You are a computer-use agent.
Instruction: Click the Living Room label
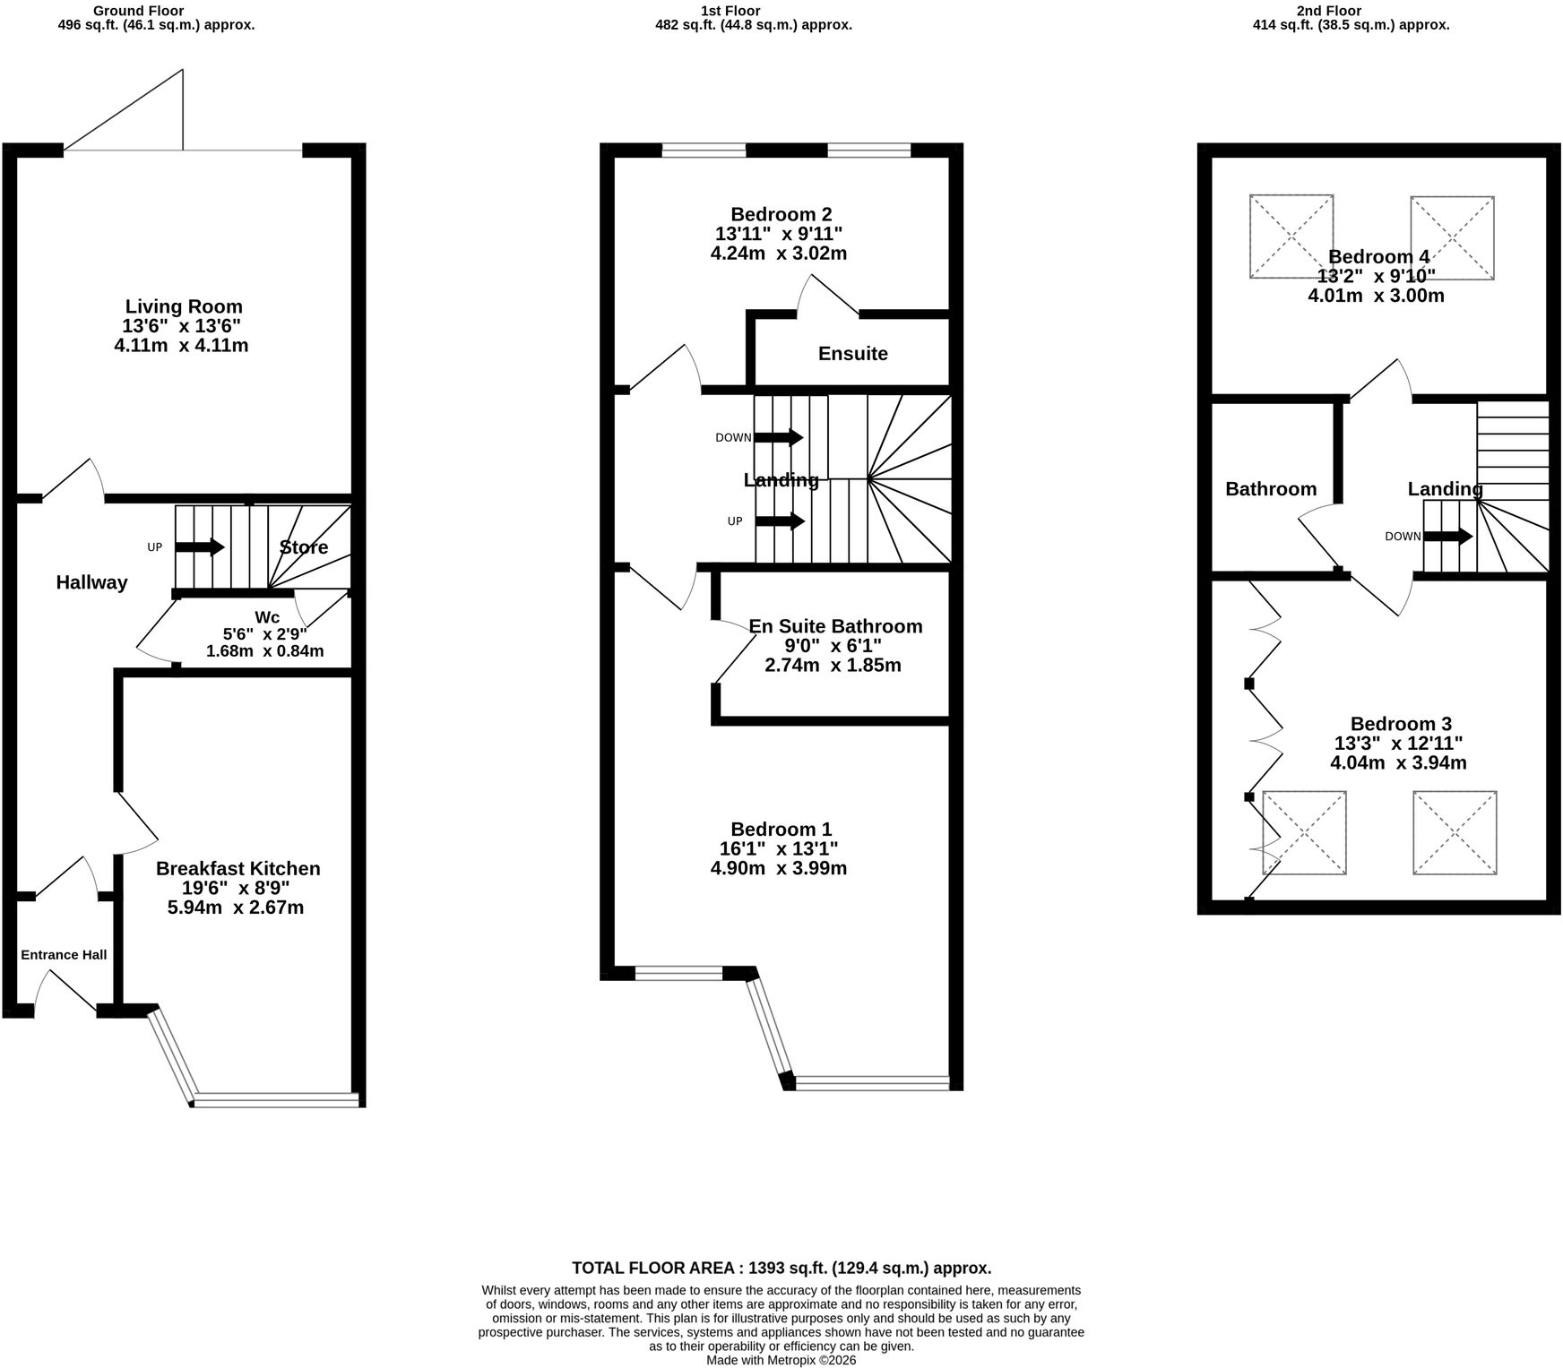pos(184,306)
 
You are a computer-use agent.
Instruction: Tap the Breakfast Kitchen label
pos(238,868)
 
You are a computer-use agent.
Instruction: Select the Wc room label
pos(267,617)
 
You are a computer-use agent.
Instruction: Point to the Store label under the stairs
pos(304,547)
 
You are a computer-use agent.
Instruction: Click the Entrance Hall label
pos(64,955)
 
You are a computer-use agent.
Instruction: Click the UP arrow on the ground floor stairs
pos(200,546)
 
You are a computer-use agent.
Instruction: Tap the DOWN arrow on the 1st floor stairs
pos(779,437)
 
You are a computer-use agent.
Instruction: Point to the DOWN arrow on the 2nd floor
pos(1447,537)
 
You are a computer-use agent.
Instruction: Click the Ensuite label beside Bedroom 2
pos(853,354)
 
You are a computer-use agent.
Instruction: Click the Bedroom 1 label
pos(781,830)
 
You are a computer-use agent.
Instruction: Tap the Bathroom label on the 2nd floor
pos(1271,489)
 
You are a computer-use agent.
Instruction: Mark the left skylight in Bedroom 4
pos(1291,237)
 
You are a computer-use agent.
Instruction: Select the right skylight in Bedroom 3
pos(1455,832)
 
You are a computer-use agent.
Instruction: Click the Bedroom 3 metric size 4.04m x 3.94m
pos(1398,763)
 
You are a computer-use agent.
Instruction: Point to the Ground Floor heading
pos(139,11)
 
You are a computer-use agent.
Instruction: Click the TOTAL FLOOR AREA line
pos(781,1268)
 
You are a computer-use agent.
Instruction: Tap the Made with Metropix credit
pos(781,1360)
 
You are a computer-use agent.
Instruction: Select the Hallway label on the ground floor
pos(92,582)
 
